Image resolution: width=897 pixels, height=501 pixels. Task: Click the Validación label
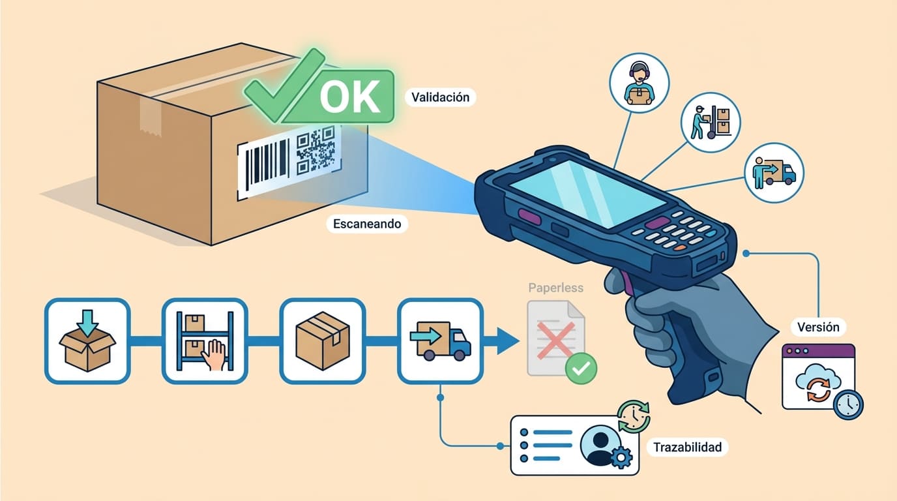[x=440, y=97]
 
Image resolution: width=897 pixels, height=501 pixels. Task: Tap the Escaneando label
[x=366, y=224]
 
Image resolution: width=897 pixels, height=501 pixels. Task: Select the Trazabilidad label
[x=686, y=447]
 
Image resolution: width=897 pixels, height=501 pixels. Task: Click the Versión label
[x=817, y=326]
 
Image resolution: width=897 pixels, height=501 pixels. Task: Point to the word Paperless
[x=555, y=288]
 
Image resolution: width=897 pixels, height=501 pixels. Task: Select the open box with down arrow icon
[x=87, y=341]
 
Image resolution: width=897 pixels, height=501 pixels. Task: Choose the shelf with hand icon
[x=204, y=341]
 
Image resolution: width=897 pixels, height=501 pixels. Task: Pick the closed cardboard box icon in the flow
[x=322, y=341]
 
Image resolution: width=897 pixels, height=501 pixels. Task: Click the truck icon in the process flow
[x=440, y=341]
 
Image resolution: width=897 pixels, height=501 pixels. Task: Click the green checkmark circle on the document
[x=580, y=369]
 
